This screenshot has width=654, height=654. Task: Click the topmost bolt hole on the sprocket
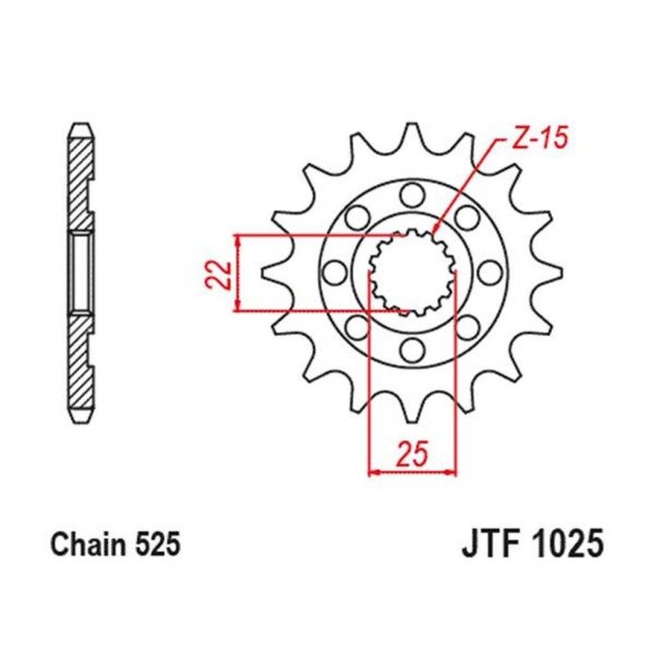coord(411,195)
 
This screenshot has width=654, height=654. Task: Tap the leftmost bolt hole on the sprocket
coord(334,272)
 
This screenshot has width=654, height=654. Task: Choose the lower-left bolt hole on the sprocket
coord(356,327)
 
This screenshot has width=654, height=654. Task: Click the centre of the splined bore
coord(411,272)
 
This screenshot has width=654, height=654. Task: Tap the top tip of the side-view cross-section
coord(80,127)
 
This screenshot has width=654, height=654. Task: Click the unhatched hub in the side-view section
coord(80,272)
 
